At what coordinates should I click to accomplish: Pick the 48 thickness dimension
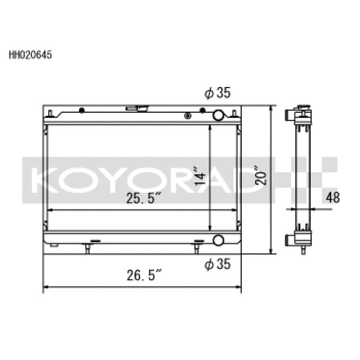(333, 197)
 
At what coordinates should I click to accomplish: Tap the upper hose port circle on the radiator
(218, 115)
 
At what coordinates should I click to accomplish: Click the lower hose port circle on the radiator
(218, 241)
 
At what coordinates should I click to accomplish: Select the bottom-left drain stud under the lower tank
(88, 248)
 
